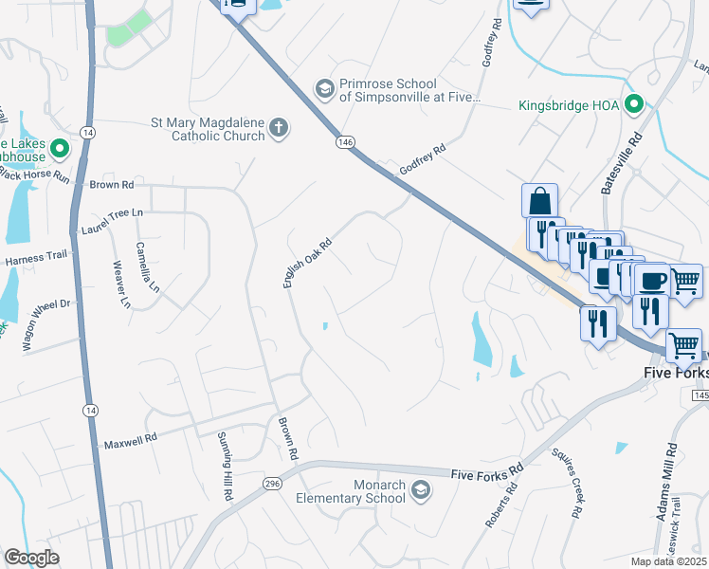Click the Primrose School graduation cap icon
pyautogui.click(x=325, y=88)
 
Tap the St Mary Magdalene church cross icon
pyautogui.click(x=278, y=128)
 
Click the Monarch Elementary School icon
pyautogui.click(x=420, y=489)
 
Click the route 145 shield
pyautogui.click(x=700, y=394)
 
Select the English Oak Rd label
pyautogui.click(x=306, y=263)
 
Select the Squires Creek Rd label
pyautogui.click(x=577, y=494)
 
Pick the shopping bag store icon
pyautogui.click(x=539, y=200)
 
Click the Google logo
pyautogui.click(x=31, y=558)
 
